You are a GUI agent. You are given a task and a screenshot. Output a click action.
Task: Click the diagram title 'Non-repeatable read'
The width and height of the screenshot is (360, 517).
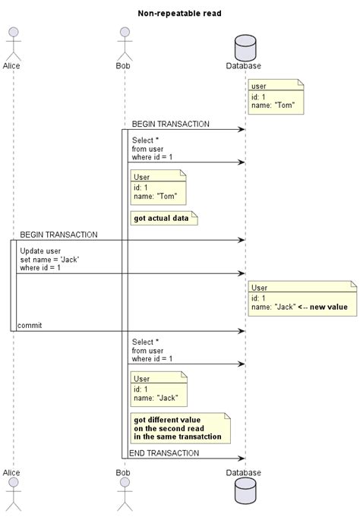tap(180, 13)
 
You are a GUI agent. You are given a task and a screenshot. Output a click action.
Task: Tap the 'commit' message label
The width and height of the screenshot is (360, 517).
tap(30, 325)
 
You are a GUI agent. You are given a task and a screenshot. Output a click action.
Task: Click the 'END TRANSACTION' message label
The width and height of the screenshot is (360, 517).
tap(163, 452)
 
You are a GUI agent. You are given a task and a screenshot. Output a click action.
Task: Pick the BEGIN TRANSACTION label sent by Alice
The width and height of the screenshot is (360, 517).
tap(58, 235)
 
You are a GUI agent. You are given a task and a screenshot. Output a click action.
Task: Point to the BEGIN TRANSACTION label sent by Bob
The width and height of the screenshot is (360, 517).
tap(170, 124)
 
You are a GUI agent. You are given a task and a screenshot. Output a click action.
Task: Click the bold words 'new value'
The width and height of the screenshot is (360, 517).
tap(333, 306)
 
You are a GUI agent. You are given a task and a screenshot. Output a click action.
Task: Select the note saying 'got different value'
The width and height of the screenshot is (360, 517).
tap(180, 427)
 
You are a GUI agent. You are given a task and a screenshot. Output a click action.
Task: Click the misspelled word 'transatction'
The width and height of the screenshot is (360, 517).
tap(198, 437)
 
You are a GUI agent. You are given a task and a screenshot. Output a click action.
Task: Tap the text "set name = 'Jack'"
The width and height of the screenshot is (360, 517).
tap(50, 259)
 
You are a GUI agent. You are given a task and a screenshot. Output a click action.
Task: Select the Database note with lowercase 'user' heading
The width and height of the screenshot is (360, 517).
tap(276, 96)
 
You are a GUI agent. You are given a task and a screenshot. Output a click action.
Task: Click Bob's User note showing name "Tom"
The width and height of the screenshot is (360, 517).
tap(159, 187)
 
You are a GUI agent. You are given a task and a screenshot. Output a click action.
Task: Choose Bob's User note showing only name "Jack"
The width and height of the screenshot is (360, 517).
tap(159, 389)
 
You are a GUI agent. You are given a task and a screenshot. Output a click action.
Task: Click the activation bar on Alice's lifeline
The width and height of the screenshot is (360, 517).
tap(13, 285)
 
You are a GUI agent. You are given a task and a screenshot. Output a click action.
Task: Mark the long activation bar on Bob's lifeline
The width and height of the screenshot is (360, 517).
tap(125, 293)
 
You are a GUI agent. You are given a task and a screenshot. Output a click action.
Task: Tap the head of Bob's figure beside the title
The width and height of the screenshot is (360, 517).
tap(125, 33)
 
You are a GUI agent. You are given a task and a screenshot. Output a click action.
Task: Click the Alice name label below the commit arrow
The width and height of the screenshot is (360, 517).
tap(11, 472)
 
